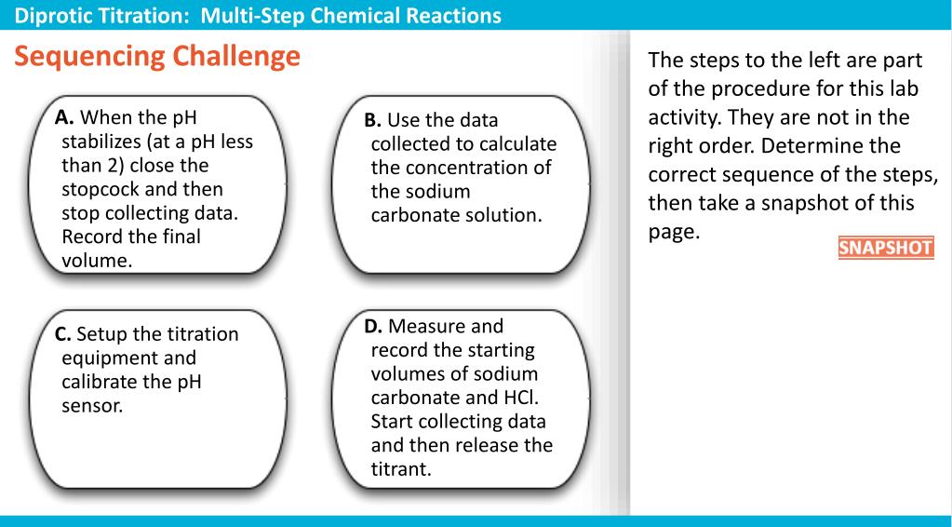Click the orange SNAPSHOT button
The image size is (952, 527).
pyautogui.click(x=885, y=250)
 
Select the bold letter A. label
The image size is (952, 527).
pyautogui.click(x=65, y=117)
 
